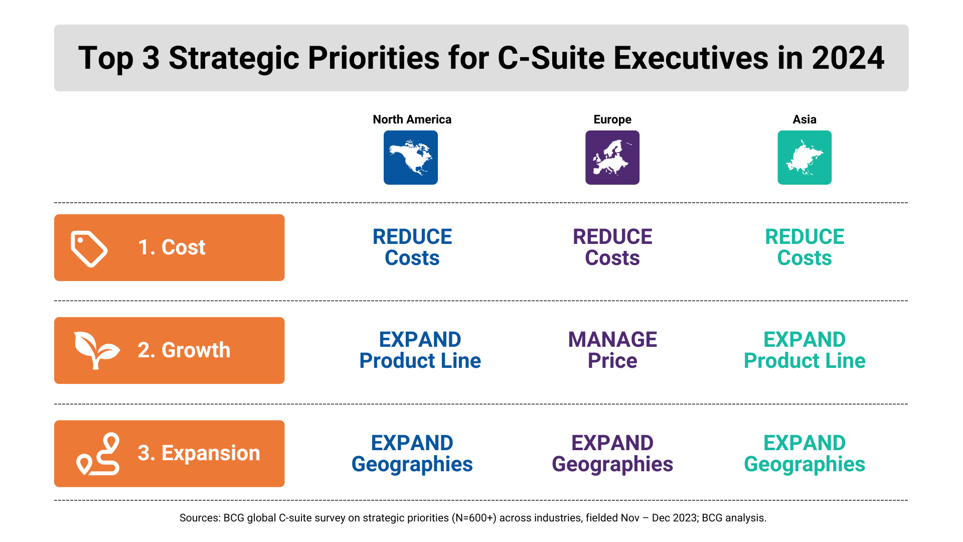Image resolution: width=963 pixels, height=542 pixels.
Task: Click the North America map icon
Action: coord(411,158)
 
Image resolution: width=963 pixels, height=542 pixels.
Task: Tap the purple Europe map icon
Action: coord(612,158)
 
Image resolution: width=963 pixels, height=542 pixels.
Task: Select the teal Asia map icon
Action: coord(805,158)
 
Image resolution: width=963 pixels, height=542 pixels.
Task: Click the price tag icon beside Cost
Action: coord(89,248)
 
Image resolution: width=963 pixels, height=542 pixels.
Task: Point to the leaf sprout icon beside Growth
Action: coord(97,350)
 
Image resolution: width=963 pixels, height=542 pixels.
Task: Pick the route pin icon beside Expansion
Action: coord(98,454)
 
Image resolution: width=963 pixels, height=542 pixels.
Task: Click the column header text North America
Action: coord(412,119)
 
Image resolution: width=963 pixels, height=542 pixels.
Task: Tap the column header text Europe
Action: coord(612,119)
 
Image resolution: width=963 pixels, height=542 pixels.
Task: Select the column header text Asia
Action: coord(805,119)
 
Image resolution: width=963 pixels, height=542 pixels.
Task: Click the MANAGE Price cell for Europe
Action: coord(612,350)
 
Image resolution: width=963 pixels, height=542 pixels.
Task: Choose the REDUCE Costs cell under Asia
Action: coord(805,247)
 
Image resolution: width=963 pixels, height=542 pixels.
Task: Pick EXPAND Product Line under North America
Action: coord(420,350)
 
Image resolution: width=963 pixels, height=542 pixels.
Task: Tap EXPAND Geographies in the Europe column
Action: coord(612,454)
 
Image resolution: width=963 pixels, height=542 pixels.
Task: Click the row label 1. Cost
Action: coord(172,247)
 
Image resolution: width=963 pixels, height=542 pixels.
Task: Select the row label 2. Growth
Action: coord(184,350)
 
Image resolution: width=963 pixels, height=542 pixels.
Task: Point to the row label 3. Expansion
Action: coord(199,453)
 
